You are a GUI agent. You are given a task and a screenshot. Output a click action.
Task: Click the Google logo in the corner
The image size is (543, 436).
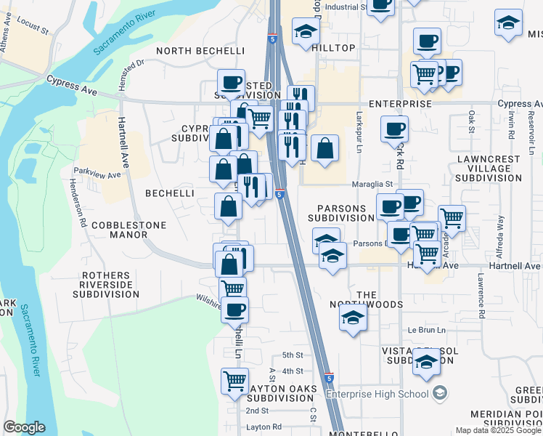[24, 427]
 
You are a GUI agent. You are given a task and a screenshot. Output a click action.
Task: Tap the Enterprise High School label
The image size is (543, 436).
[377, 394]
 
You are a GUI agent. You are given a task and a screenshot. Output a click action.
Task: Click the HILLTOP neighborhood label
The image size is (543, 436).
[333, 47]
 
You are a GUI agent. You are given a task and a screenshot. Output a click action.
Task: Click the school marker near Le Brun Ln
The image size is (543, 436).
[353, 317]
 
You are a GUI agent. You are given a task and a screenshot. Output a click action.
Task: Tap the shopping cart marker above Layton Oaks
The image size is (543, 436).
[234, 381]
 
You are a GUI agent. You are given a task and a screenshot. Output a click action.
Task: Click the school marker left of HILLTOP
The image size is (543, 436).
[306, 31]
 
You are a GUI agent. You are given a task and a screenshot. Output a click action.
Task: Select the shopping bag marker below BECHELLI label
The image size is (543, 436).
[229, 206]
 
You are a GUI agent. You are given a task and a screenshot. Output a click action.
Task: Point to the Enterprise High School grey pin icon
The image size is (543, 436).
[439, 394]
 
